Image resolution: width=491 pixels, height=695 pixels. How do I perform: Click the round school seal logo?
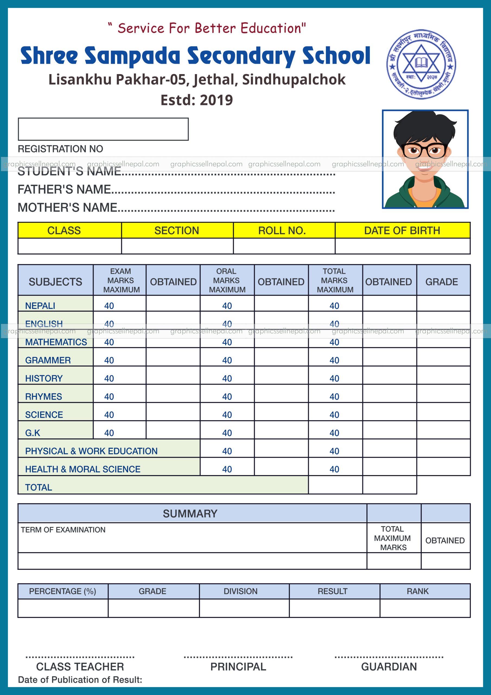pos(421,64)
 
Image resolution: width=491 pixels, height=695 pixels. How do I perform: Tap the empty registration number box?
pos(103,129)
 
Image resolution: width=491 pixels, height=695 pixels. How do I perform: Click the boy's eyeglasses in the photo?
pos(424,150)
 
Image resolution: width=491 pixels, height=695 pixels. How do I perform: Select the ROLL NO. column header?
pos(282,231)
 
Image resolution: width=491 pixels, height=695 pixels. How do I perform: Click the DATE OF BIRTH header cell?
pos(402,231)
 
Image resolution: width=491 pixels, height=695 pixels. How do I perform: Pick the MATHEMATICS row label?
pos(56,342)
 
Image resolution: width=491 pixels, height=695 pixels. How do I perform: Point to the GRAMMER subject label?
pos(48,360)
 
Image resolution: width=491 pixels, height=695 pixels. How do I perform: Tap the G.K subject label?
pos(33,433)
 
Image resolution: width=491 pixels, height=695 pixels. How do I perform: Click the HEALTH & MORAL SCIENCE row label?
pos(82,469)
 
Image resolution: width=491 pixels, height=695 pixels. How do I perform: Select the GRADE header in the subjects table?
pos(441,282)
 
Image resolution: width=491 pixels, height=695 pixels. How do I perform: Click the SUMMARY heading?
pos(190,514)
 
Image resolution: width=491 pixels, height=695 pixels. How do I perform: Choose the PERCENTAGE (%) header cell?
pos(62,591)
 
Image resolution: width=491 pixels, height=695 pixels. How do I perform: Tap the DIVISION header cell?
pos(241,591)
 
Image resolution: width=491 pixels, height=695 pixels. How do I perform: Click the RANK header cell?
pos(417,591)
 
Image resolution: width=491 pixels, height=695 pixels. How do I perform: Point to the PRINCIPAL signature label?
pos(238,666)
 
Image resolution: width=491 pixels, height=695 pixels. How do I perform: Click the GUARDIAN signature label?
pos(389,666)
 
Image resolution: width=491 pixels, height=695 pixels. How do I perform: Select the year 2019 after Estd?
pos(216,100)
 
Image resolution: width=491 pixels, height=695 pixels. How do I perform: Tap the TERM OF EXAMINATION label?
pos(63,530)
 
